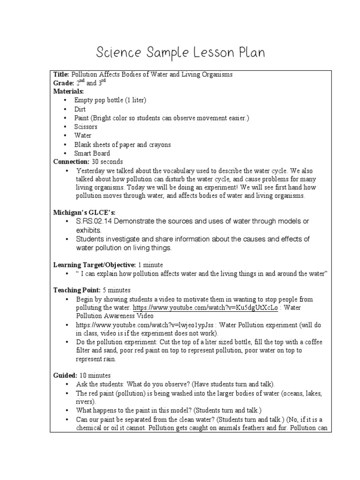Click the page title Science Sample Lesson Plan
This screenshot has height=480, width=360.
coord(180,53)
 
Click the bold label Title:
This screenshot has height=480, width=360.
coord(61,75)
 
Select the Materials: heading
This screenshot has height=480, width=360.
coord(69,91)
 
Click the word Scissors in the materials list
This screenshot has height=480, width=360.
coord(86,127)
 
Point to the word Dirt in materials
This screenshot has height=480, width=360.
coord(80,109)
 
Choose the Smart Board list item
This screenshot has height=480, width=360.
coord(92,153)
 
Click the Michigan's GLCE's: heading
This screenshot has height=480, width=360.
coord(83,212)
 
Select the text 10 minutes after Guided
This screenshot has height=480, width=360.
coord(95,375)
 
